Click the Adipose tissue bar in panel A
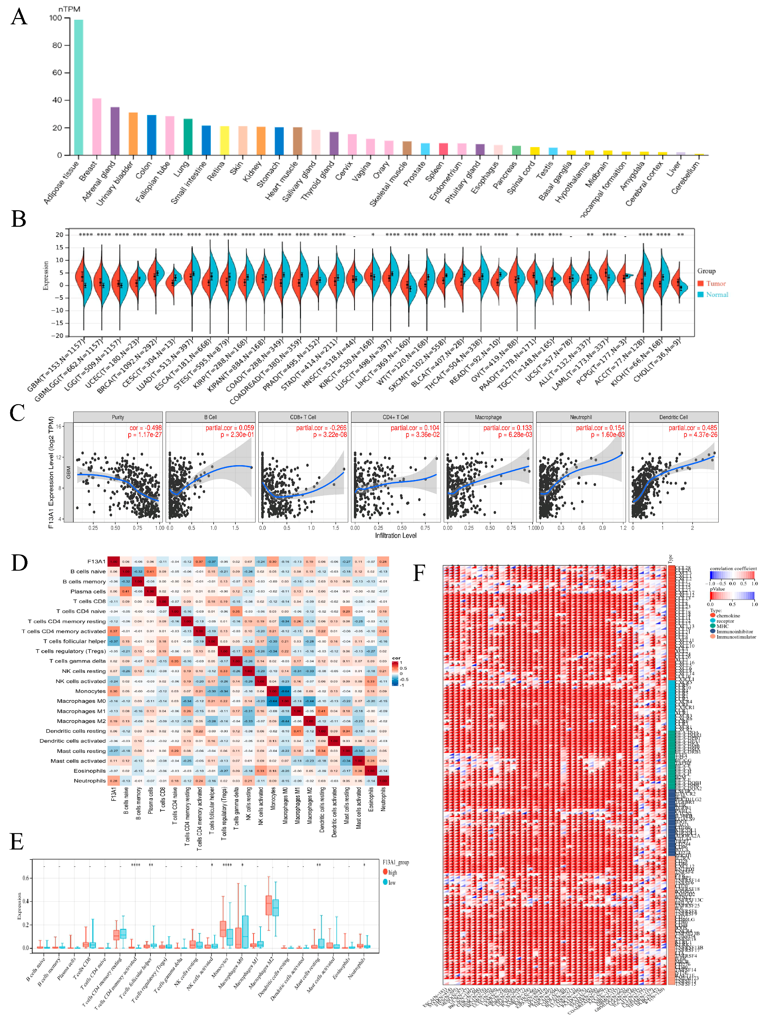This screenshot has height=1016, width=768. coord(79,87)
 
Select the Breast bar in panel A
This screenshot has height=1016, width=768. coord(97,126)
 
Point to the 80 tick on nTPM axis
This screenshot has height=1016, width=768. coord(57,45)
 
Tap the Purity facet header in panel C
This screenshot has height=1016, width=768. coord(118,417)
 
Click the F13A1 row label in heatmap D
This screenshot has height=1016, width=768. coord(97,561)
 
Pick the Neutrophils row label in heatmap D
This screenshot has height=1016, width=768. coord(90,780)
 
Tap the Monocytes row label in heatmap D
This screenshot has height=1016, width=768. coord(91,691)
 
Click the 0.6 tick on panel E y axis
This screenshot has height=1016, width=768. coord(26,878)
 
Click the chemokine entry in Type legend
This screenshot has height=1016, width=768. coord(727,615)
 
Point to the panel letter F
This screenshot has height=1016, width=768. coord(419,573)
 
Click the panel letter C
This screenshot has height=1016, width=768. coord(17,413)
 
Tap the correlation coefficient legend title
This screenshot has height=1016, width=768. coord(733,568)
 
